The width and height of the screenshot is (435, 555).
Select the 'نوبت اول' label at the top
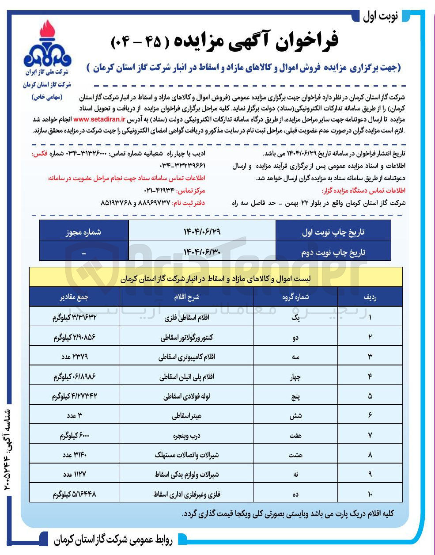[x=380, y=16]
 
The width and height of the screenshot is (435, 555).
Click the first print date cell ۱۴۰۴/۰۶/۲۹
[x=202, y=232]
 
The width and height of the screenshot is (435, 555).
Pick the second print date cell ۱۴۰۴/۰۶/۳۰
[x=202, y=252]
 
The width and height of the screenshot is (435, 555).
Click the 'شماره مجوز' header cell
[x=83, y=232]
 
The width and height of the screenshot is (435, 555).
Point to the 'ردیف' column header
[x=370, y=297]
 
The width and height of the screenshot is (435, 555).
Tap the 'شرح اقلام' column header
[x=186, y=297]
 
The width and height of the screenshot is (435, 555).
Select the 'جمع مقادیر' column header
[x=74, y=297]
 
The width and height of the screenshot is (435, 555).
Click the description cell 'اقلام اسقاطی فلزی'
[x=186, y=318]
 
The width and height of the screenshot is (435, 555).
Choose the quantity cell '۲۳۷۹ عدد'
[x=74, y=357]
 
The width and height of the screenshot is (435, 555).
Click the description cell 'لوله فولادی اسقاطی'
[x=186, y=396]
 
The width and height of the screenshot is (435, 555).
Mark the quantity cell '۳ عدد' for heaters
[x=74, y=416]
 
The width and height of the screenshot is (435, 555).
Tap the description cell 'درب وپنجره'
[x=186, y=436]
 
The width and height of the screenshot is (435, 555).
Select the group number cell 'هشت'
[x=295, y=455]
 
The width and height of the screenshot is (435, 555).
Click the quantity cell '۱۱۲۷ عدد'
[x=74, y=475]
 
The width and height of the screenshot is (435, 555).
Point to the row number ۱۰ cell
[x=370, y=494]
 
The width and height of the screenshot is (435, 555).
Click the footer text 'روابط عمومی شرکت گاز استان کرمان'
[x=115, y=540]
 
